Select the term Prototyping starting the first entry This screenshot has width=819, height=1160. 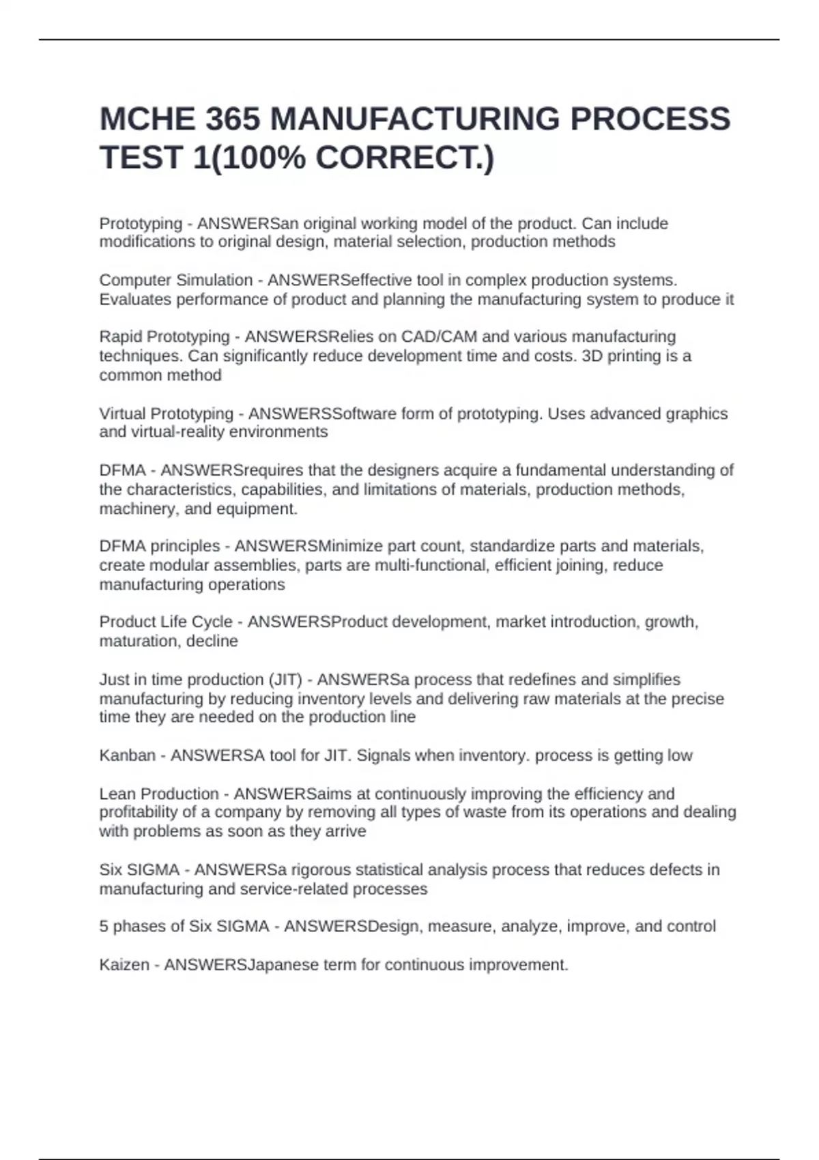pos(141,224)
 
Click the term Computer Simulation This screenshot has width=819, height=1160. pos(175,280)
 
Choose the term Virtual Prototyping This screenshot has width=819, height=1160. pos(166,414)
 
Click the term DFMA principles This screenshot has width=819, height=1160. pos(160,547)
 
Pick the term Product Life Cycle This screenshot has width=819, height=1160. pos(166,622)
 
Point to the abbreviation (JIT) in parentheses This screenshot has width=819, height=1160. pos(285,680)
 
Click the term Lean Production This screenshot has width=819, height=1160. pos(159,794)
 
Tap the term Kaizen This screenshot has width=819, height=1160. pos(124,966)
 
